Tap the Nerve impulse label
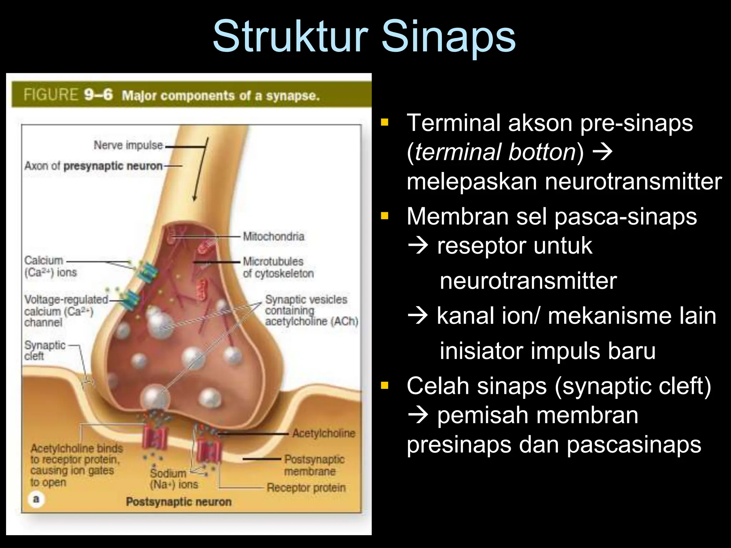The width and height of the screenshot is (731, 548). [x=128, y=145]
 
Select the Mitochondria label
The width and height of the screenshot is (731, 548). [x=273, y=236]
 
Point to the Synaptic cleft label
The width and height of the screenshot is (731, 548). [x=45, y=350]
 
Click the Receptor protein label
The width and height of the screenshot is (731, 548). [x=306, y=488]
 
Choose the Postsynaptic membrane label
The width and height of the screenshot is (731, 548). [x=314, y=465]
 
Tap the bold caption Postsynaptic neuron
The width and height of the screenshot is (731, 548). [x=179, y=502]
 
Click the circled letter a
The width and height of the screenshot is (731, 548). [x=36, y=499]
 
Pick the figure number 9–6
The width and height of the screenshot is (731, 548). [x=99, y=95]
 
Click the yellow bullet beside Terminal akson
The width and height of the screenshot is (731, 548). [x=384, y=123]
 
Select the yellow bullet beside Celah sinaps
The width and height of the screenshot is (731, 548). [x=384, y=386]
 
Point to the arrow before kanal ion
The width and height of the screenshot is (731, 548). [x=418, y=316]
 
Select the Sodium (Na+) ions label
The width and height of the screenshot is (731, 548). [x=173, y=479]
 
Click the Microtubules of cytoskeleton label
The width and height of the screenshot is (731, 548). [x=278, y=267]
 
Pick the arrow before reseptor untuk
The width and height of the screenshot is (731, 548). [x=418, y=246]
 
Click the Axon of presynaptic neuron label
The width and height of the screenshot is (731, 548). [x=94, y=166]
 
